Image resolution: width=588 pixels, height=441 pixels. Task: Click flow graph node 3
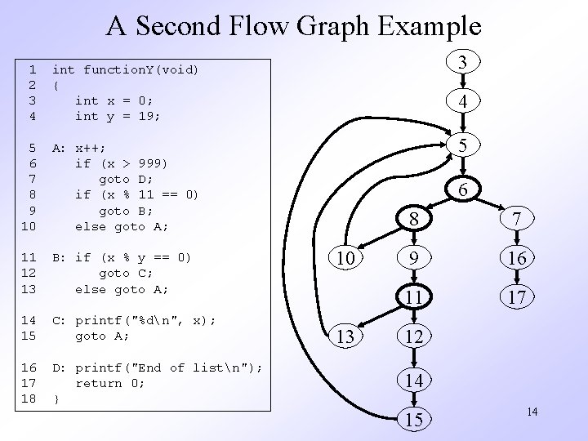pos(462,62)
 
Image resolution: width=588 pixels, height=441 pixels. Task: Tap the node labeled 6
pos(462,189)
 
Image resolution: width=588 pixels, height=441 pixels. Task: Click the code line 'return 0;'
pos(109,383)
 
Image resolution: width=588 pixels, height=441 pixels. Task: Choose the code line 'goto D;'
pos(121,178)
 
